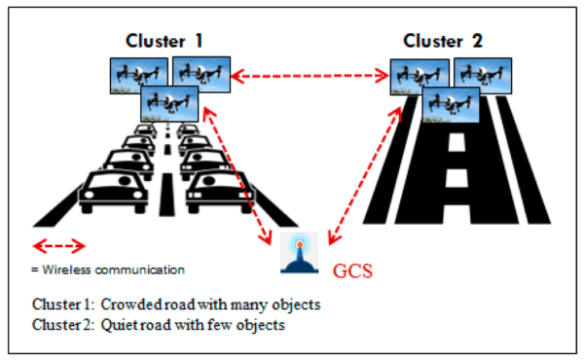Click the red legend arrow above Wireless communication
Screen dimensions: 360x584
pos(59,245)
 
